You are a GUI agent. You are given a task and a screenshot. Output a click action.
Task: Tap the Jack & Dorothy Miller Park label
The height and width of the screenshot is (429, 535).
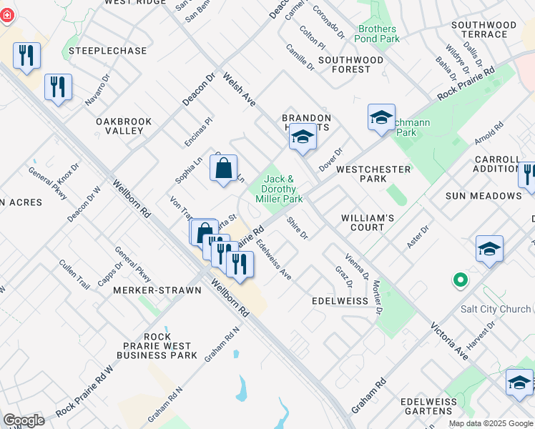coord(280,189)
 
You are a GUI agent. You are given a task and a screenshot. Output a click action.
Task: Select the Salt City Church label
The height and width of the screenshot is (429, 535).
coord(496,309)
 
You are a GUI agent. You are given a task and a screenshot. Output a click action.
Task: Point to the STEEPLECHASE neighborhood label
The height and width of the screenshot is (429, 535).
coord(107,51)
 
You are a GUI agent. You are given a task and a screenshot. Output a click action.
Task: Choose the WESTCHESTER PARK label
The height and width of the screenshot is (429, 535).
coord(373,174)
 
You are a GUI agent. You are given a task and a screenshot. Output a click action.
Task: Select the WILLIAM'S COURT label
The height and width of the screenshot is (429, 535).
coord(368,222)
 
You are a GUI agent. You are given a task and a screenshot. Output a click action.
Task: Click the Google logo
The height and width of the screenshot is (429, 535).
coord(24,420)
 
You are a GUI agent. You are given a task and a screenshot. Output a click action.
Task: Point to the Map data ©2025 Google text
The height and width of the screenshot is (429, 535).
coord(491,423)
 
